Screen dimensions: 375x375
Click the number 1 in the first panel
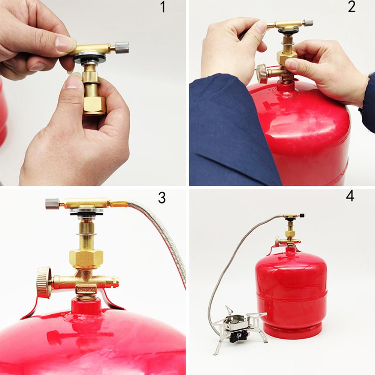[163, 7]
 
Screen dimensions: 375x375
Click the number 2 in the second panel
[351, 7]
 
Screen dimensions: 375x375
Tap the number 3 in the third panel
[161, 198]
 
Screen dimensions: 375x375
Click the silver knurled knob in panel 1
[122, 47]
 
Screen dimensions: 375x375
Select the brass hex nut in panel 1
[94, 104]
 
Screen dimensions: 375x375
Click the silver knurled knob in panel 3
[52, 204]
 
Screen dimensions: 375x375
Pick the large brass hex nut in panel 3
[86, 258]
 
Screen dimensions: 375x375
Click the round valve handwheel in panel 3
[44, 282]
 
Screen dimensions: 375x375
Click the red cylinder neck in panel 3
[86, 306]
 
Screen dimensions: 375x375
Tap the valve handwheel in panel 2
[262, 73]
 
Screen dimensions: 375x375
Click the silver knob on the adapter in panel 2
[308, 23]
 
